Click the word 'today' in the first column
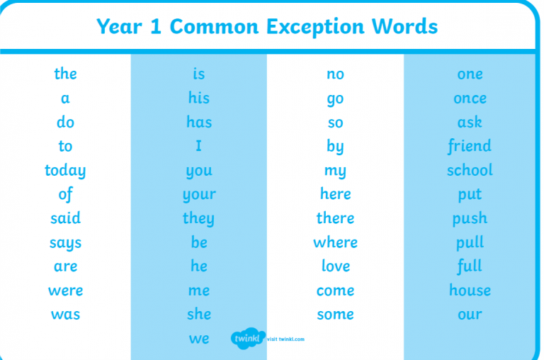(x=65, y=171)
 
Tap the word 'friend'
(x=470, y=146)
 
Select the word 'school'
(x=470, y=170)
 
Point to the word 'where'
(x=335, y=242)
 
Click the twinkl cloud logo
(x=248, y=338)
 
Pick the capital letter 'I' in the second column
(x=198, y=146)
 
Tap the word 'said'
(x=66, y=218)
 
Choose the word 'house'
(x=470, y=290)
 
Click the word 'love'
(x=336, y=266)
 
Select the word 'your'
(x=199, y=195)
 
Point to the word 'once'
(x=470, y=99)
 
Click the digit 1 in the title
(x=156, y=26)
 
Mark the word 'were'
(x=66, y=291)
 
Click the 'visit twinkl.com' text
(x=285, y=339)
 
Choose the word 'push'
(x=470, y=219)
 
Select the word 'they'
(x=198, y=219)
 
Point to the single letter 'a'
(x=65, y=99)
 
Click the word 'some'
(x=335, y=315)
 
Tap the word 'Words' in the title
(x=404, y=26)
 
